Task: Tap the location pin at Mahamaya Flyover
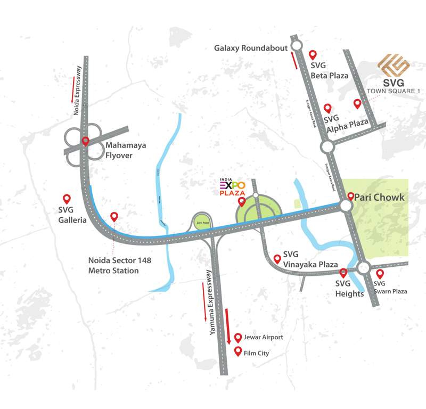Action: [x=86, y=142]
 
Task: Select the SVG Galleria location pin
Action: [x=67, y=199]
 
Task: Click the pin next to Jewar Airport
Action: [x=237, y=338]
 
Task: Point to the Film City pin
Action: [x=237, y=351]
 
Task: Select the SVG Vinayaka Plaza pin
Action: [x=277, y=259]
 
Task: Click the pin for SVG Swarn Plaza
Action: [x=380, y=274]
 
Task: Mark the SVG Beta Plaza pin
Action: [x=313, y=55]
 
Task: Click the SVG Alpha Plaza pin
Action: [x=327, y=108]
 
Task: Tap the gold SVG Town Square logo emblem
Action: [x=393, y=66]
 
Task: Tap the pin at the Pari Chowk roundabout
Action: [x=350, y=196]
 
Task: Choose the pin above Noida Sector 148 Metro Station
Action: [x=114, y=217]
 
